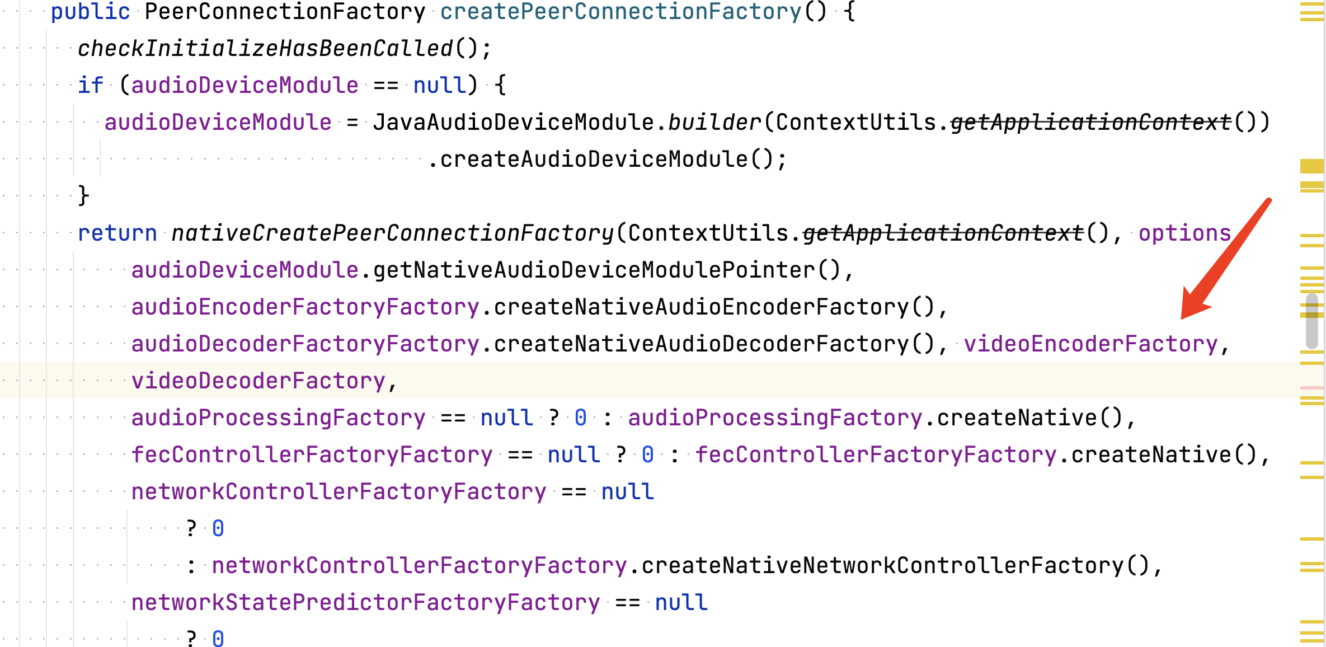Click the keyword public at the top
point(91,11)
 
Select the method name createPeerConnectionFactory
point(621,11)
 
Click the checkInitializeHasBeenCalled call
point(265,48)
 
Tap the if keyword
point(91,85)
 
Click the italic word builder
point(714,122)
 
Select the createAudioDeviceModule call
point(594,159)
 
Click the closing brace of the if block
point(84,196)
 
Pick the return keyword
point(117,233)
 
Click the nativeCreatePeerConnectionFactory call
point(393,233)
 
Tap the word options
point(1185,233)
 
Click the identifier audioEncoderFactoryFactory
point(305,307)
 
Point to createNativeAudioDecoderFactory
point(702,344)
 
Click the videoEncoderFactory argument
point(1091,344)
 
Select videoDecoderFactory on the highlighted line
point(258,381)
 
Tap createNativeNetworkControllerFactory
point(883,565)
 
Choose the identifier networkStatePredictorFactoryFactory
point(366,602)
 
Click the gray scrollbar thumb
point(1311,321)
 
